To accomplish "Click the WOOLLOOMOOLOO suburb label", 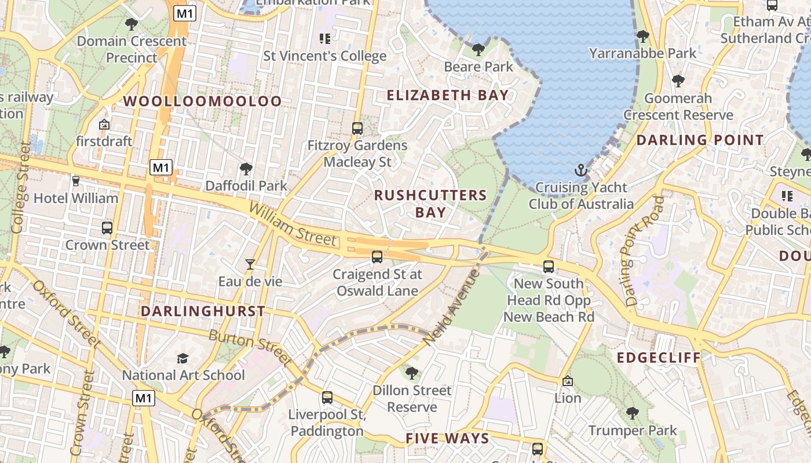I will coord(202,101).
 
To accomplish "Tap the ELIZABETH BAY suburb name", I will coord(447,95).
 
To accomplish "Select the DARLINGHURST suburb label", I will coord(203,311).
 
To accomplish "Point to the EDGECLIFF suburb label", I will coord(659,358).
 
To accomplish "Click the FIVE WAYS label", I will coord(447,438).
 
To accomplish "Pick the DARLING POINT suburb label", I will coord(700,140).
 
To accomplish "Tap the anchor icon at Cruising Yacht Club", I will coord(580,170).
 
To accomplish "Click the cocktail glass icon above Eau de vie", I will coord(250,264).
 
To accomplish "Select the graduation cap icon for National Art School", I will coord(183,358).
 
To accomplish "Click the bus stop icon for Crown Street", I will coord(107,228).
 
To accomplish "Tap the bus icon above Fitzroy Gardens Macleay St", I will coord(357,128).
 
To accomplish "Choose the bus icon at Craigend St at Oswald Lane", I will coord(377,256).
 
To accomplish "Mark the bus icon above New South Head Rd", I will coord(548,267).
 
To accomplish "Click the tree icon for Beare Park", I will coord(478,50).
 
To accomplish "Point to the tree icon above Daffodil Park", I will coord(246,169).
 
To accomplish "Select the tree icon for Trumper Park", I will coord(632,413).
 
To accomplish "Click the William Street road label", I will coord(293,223).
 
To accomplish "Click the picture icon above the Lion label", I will coord(568,381).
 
